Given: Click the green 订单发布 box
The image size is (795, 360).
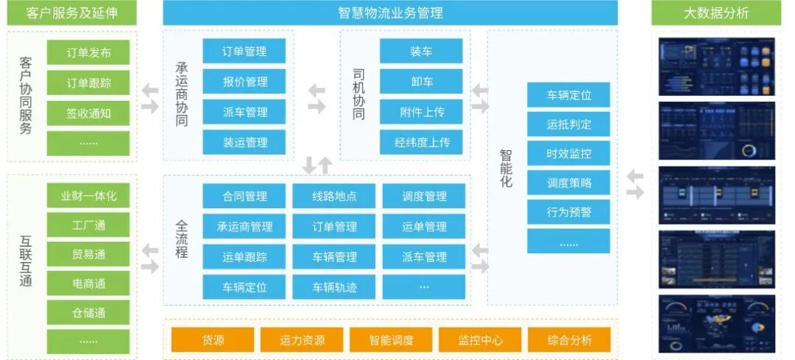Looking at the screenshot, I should click(x=88, y=52).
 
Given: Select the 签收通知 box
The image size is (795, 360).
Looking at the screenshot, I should click(x=88, y=113).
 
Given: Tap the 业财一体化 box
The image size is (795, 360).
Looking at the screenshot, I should click(x=88, y=196).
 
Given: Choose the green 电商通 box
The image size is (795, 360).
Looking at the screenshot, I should click(x=88, y=283).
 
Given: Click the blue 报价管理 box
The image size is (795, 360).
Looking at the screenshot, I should click(x=244, y=82).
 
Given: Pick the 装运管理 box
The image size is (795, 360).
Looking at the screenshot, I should click(x=244, y=142).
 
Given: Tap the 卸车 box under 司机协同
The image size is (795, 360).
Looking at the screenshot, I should click(x=421, y=82).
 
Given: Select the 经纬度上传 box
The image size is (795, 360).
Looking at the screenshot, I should click(x=421, y=142).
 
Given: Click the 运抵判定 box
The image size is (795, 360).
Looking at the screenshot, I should click(x=568, y=124).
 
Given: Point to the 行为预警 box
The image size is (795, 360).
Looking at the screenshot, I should click(x=568, y=212).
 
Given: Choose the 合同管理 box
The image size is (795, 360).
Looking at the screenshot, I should click(x=244, y=197).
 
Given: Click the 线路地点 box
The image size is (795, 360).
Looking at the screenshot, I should click(x=335, y=197).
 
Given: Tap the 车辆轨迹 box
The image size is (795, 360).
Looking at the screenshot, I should click(x=335, y=287).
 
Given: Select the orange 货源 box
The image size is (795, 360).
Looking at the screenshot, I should click(x=213, y=340).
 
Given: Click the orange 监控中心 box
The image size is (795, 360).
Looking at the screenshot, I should click(x=480, y=340).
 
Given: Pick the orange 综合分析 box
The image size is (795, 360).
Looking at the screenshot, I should click(x=569, y=340).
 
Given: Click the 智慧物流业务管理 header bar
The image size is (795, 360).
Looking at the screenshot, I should click(x=390, y=13).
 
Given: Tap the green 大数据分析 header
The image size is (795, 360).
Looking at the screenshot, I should click(x=715, y=13).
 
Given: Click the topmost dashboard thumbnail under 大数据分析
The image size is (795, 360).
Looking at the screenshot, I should click(x=716, y=67).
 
